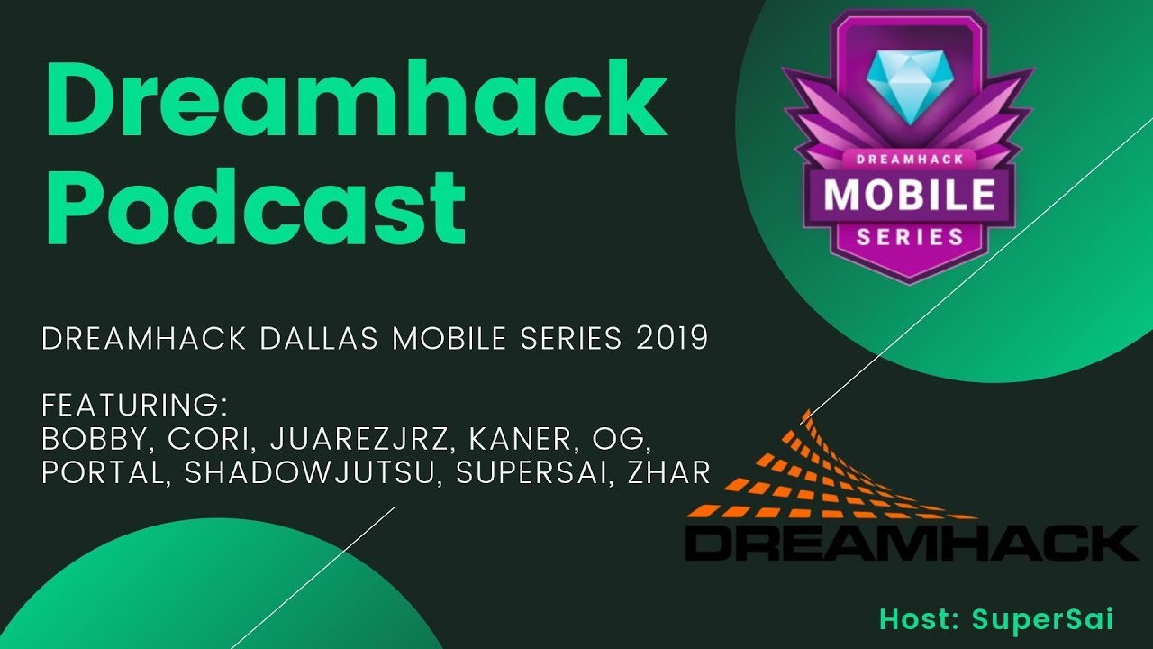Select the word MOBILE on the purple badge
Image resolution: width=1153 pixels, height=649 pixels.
(910, 194)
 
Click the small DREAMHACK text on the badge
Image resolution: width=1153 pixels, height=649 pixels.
(908, 159)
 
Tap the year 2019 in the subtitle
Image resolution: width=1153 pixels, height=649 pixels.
(671, 339)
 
